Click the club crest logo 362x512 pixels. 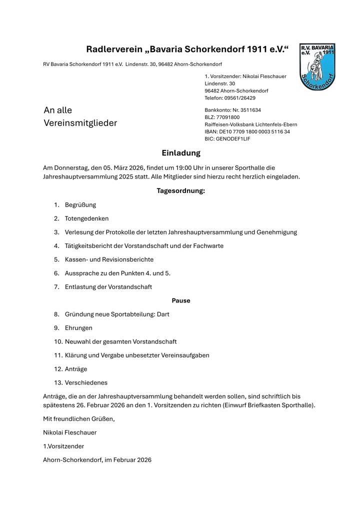tap(317, 66)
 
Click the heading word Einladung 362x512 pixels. tap(180, 153)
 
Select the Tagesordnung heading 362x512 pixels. tap(180, 190)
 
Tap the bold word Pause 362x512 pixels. tap(181, 300)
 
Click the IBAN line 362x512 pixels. tap(247, 131)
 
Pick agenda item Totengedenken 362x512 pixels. tap(86, 218)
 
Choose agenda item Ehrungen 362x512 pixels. tap(78, 328)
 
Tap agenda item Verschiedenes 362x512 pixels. tap(86, 382)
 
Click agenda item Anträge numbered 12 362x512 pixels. tap(76, 369)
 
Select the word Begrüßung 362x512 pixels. tap(80, 205)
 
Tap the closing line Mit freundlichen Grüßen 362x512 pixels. tap(78, 418)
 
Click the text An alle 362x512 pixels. tap(58, 110)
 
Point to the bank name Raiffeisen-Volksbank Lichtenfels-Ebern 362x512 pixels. tap(250, 124)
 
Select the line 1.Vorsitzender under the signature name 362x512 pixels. tap(63, 446)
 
